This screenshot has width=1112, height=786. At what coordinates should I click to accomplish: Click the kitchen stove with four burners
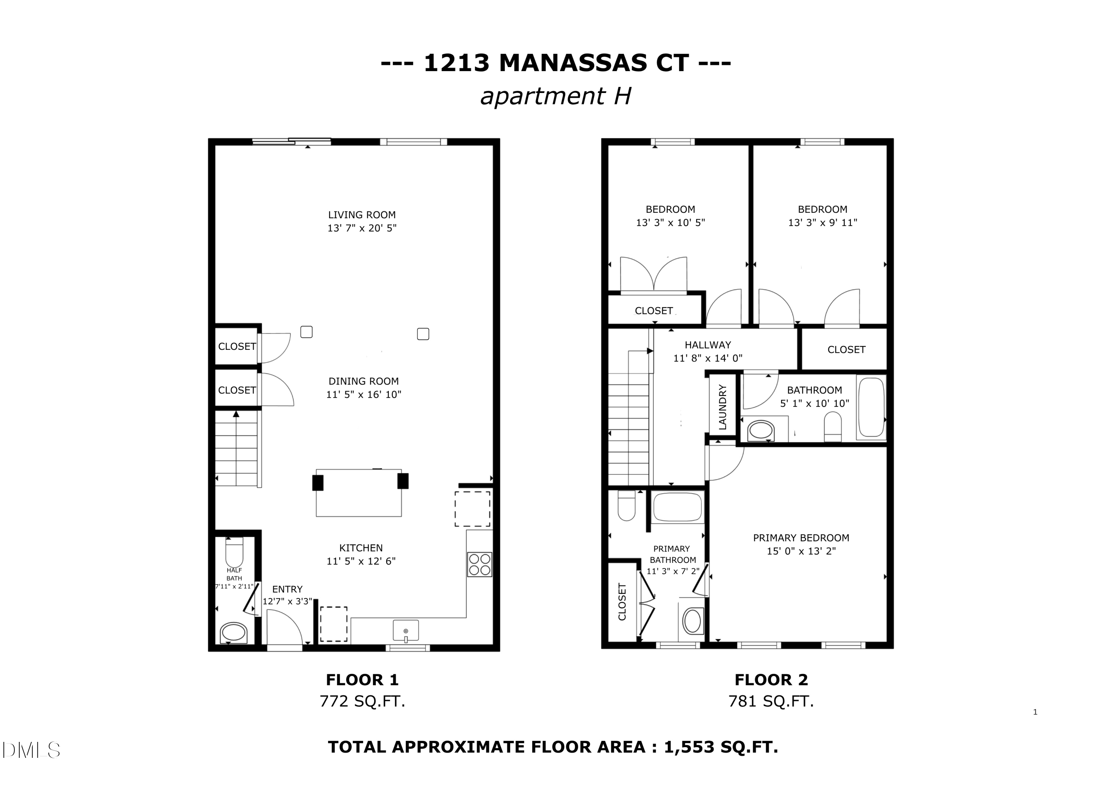tap(480, 564)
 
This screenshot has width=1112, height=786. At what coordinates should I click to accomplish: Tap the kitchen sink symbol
tap(406, 631)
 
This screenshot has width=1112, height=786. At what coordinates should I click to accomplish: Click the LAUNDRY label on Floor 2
tap(722, 407)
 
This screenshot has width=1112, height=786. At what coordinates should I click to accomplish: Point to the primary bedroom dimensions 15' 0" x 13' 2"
tap(801, 551)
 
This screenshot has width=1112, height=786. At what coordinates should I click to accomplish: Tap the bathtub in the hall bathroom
tap(871, 407)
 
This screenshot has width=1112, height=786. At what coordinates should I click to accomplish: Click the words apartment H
tap(556, 96)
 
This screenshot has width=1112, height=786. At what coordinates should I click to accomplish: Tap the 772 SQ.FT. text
tap(362, 701)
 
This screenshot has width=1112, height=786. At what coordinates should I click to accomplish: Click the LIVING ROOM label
tap(362, 215)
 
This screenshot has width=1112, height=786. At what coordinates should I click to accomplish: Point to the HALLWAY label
tap(708, 345)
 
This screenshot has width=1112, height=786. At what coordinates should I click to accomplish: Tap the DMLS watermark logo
tap(31, 750)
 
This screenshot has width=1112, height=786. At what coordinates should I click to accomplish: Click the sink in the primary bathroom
tap(692, 621)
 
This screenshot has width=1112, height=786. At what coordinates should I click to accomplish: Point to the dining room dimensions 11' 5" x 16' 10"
tap(363, 394)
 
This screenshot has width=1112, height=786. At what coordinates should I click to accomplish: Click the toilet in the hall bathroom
tap(833, 426)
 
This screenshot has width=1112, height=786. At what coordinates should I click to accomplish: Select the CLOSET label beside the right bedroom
tap(846, 350)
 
